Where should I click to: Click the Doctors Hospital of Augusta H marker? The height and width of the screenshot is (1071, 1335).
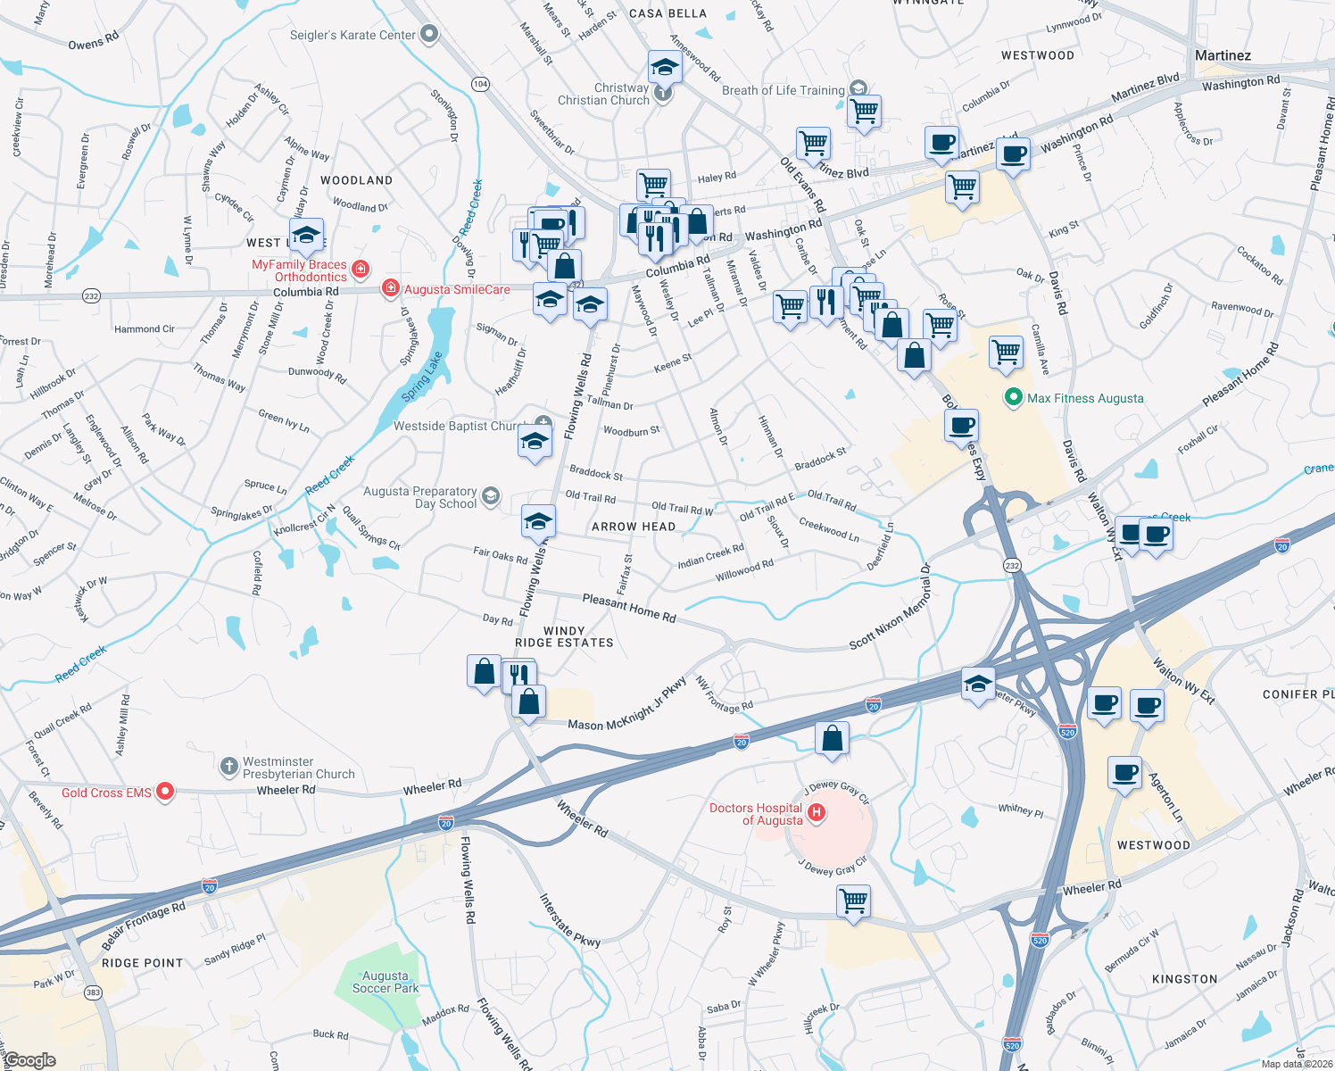(x=817, y=812)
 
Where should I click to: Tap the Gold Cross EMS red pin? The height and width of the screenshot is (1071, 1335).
(x=165, y=791)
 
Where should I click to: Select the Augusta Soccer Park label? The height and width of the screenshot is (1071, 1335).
(x=386, y=982)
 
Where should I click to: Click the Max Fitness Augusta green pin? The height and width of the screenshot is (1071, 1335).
(x=1013, y=398)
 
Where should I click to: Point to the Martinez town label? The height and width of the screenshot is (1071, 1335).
(x=1223, y=55)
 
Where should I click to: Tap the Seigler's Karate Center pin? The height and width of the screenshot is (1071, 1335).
(x=429, y=35)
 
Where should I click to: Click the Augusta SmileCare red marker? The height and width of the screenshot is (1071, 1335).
(x=390, y=288)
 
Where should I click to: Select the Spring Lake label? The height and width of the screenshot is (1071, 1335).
(x=422, y=376)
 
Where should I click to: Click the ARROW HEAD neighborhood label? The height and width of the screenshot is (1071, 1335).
(x=634, y=527)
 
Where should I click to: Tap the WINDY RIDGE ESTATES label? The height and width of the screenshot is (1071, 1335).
(x=564, y=636)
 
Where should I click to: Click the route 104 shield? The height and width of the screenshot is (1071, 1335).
(x=480, y=84)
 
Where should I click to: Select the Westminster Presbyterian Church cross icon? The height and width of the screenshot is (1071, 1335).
(x=229, y=766)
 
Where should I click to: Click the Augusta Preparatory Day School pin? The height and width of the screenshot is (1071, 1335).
(x=491, y=495)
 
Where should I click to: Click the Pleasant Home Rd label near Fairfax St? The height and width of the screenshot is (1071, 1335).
(x=629, y=608)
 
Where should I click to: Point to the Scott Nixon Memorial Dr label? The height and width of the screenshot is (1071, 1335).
(x=889, y=613)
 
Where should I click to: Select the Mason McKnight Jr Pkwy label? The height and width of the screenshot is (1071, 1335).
(x=627, y=705)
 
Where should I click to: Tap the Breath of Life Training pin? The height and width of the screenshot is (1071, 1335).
(x=858, y=87)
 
